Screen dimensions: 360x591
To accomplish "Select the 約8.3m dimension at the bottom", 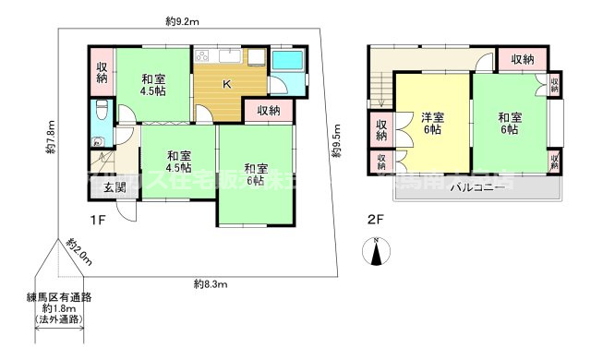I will coord(211,282).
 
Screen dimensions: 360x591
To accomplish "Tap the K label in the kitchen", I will coord(224,85).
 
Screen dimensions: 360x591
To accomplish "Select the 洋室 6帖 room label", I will coord(432,125).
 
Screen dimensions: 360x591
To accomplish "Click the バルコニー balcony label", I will coord(476,187).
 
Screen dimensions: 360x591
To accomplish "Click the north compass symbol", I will coord(379,249).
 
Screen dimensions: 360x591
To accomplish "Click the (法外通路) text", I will coord(59,319).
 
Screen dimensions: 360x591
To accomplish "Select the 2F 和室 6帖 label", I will coord(509,124).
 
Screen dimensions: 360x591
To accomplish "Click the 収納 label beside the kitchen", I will coord(269,111).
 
